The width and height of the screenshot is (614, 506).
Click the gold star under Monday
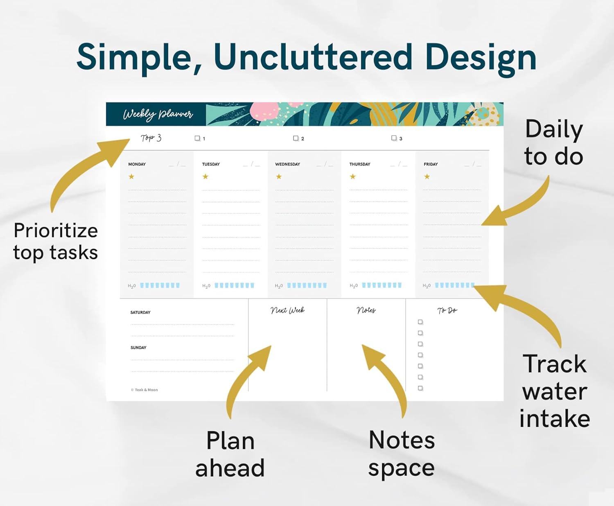coord(131,176)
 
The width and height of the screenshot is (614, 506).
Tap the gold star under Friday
coord(427,176)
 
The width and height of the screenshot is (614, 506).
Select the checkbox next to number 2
coord(296,138)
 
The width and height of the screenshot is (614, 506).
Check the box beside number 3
coord(394,138)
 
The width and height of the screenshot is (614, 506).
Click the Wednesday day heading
coord(288,164)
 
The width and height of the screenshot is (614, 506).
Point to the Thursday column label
coord(360,164)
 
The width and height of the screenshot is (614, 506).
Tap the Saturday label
coord(140,312)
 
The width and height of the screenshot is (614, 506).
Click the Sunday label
coord(138,348)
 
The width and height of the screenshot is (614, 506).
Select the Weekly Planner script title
coord(158,114)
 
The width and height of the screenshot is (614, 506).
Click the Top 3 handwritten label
coord(151,138)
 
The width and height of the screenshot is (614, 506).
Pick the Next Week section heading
coord(288,310)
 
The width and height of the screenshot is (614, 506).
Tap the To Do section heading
coord(447,310)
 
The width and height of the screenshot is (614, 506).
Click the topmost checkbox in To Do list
coord(420,322)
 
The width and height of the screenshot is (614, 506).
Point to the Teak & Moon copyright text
coord(144,390)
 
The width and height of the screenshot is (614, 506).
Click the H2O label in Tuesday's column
coord(206,286)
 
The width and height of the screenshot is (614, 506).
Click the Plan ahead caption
coord(230,454)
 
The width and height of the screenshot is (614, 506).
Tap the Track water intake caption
coord(555,391)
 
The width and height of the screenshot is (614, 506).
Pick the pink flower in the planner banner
coord(264,111)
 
